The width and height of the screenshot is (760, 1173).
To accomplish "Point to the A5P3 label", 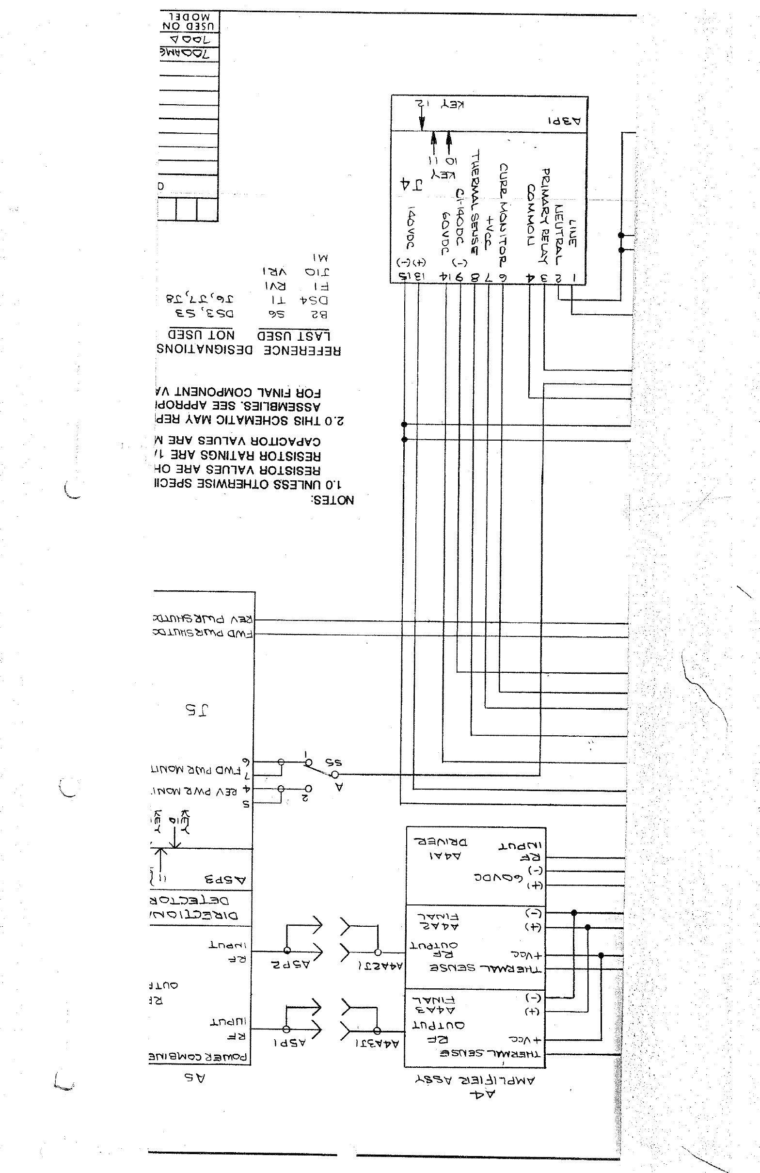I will click(225, 880).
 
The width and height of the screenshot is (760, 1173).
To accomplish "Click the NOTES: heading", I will click(332, 500).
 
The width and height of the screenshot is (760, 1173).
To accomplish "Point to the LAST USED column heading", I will click(294, 335).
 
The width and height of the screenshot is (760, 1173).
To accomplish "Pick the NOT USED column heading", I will click(201, 334).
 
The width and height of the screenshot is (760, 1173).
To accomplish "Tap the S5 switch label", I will click(333, 762).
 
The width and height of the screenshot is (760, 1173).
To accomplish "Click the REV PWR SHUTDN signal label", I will click(204, 619).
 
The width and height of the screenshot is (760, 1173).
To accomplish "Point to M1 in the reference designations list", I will click(320, 258).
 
